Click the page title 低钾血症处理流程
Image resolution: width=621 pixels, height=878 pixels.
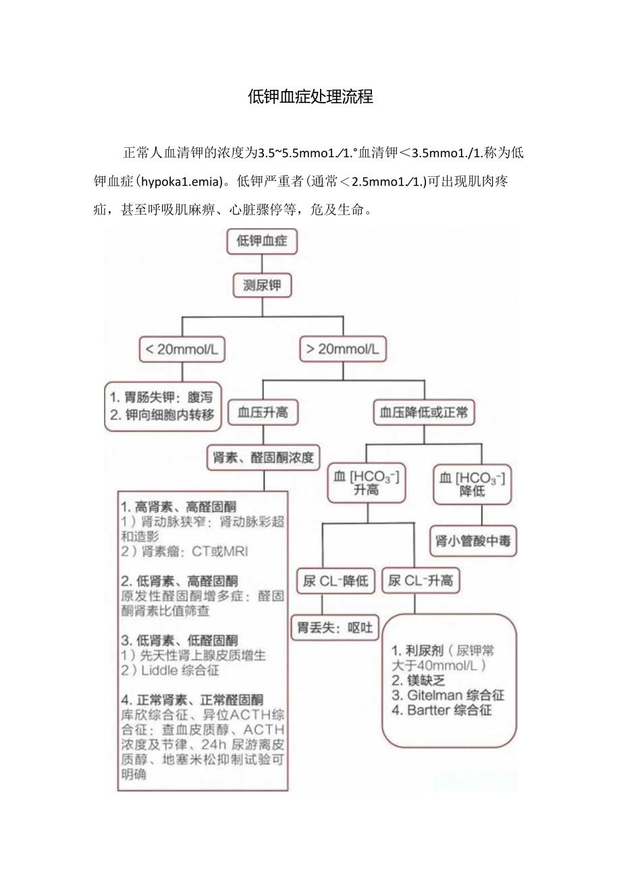(310, 97)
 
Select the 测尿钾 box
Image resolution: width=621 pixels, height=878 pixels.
(262, 286)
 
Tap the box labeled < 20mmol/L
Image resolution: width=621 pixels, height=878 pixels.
(182, 349)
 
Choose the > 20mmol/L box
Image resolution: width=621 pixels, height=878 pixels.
(343, 349)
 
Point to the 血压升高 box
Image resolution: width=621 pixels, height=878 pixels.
(263, 412)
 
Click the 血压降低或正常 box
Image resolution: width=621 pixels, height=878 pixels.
(424, 412)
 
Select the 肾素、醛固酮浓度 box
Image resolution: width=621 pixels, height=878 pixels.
(263, 457)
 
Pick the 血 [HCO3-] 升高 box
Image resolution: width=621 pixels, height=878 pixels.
(367, 483)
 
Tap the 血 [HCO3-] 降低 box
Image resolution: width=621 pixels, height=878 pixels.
(472, 484)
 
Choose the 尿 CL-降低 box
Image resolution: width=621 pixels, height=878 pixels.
(335, 580)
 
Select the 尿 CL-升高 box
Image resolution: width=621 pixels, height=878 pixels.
(420, 580)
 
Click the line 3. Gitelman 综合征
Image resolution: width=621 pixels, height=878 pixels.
(448, 695)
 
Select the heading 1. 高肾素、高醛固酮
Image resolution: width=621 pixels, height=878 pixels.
(179, 506)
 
